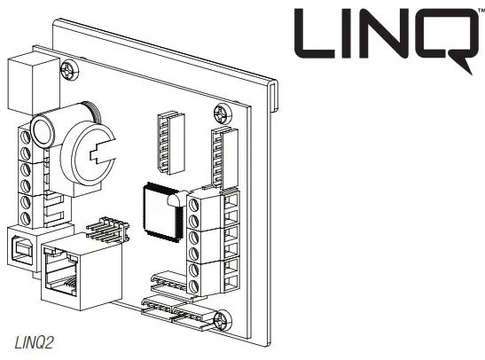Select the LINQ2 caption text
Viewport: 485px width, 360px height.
point(32,341)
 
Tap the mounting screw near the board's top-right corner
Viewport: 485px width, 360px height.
point(219,113)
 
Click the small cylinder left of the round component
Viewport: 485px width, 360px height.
point(43,132)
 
